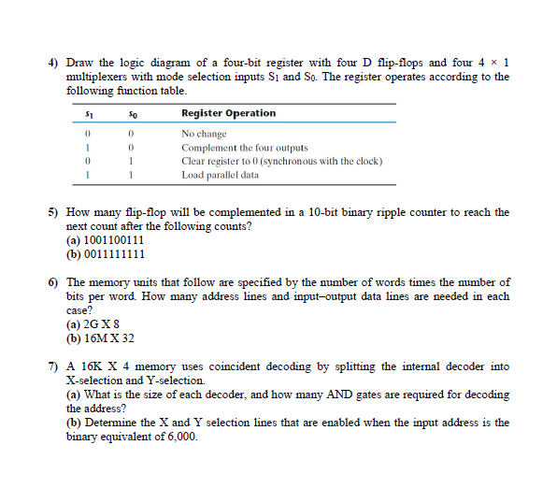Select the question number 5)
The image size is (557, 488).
[x=53, y=212]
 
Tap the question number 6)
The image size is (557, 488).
[x=53, y=281]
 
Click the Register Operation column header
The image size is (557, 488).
[x=228, y=113]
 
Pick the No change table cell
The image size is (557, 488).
[x=204, y=135]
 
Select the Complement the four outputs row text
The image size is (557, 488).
[x=244, y=148]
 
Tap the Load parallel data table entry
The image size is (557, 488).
[x=220, y=175]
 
